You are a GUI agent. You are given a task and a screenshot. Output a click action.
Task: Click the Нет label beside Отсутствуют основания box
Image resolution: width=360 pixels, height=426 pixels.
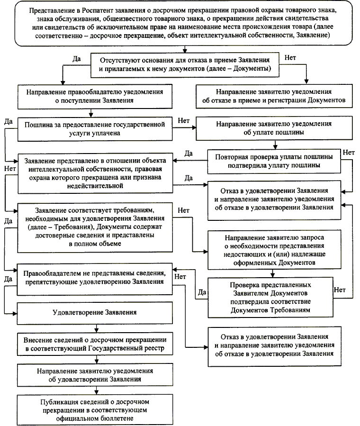(x=291, y=58)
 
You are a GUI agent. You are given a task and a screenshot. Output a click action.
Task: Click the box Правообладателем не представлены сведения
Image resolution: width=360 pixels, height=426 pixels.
(x=96, y=278)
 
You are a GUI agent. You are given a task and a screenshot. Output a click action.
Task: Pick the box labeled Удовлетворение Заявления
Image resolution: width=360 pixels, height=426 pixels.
(x=96, y=312)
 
